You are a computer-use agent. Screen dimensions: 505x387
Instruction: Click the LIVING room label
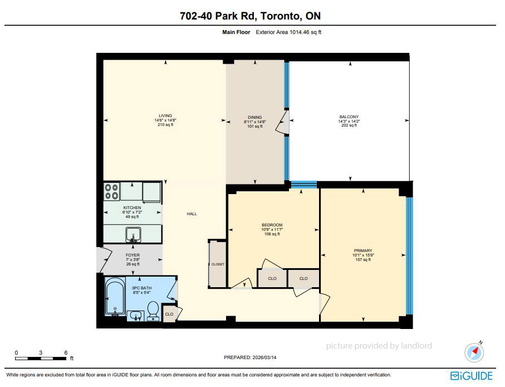coord(165,115)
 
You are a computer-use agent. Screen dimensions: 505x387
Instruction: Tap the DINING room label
coord(255,118)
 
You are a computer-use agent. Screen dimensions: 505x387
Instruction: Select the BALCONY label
coord(349,117)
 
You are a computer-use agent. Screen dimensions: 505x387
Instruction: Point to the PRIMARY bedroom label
coord(363,250)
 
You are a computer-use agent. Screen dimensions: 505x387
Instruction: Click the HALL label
coord(192,214)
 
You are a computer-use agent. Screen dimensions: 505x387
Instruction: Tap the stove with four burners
coord(112,192)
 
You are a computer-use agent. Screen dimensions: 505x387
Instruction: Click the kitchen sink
coord(133,235)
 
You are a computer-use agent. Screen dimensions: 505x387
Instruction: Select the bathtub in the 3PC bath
coord(115,296)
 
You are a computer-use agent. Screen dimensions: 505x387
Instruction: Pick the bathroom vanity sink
coord(136,316)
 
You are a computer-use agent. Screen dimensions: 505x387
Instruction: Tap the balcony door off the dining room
coord(282,122)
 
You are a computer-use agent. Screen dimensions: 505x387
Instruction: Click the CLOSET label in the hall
coord(218,264)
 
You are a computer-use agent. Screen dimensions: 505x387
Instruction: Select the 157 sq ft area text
coord(363,260)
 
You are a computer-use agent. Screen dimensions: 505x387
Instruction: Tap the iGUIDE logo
coord(472,376)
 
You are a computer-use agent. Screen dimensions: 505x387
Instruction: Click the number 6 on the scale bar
coord(66,352)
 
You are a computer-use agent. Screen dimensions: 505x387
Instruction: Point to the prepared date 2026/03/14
coord(264,357)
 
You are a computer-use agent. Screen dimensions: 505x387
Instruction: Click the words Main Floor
coord(236,32)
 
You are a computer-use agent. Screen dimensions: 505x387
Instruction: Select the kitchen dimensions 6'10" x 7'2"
coord(132,212)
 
